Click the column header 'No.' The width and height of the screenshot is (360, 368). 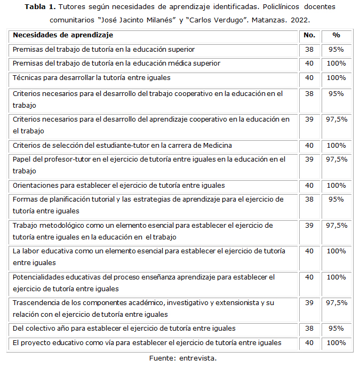(309, 35)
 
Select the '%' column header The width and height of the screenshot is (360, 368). (336, 35)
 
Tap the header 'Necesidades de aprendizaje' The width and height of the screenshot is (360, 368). (63, 35)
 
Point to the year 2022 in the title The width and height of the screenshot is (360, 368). (299, 20)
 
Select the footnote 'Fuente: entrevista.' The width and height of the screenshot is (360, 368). (182, 358)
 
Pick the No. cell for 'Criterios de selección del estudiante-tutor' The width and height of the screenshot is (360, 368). (309, 145)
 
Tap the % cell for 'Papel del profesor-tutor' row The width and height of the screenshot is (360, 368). (336, 159)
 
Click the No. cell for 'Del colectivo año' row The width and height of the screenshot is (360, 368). (309, 329)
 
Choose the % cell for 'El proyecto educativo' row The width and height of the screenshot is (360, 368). (336, 342)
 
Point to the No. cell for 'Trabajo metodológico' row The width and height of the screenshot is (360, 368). (309, 226)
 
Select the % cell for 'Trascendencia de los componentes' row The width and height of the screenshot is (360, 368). (336, 303)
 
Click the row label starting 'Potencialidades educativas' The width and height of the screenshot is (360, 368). (143, 277)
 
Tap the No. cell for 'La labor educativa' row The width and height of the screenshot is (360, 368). (309, 251)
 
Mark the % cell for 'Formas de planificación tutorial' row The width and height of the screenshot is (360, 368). (336, 199)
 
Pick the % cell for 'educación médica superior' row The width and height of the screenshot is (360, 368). (336, 63)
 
